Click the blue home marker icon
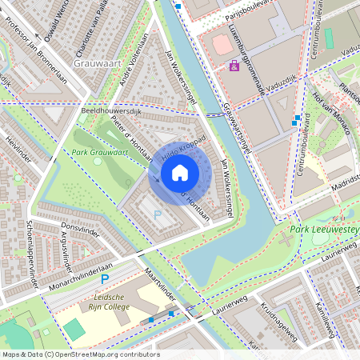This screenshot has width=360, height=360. click(x=180, y=171)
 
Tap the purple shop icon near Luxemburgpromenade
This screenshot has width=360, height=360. click(x=234, y=66)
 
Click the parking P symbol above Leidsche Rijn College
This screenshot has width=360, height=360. click(x=104, y=279)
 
